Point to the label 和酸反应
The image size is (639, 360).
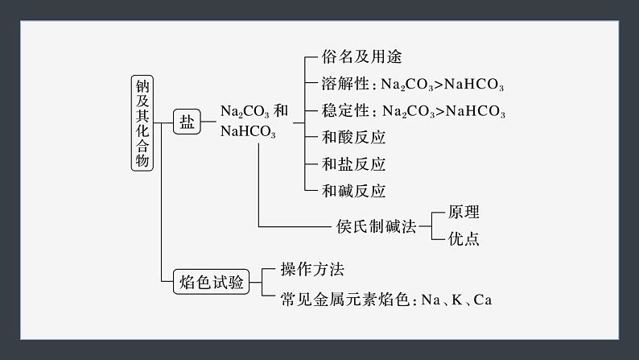coord(353,136)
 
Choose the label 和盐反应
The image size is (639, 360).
coord(353,163)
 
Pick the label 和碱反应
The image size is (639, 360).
coord(353,191)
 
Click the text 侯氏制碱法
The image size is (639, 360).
coord(376,226)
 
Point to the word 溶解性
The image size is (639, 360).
coord(345,85)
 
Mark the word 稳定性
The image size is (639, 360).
coord(345,110)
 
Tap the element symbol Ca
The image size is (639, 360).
coord(482,300)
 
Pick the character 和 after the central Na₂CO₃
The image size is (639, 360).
coord(281,110)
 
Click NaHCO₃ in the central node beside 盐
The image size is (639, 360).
coord(247,133)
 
